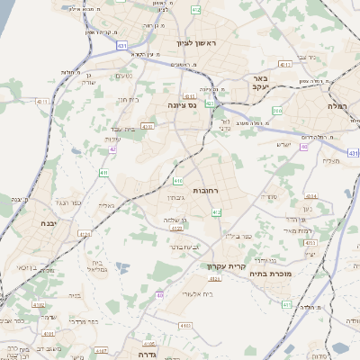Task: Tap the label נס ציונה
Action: pyautogui.click(x=182, y=104)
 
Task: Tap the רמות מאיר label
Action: pyautogui.click(x=320, y=232)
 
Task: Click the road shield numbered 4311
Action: pyautogui.click(x=284, y=65)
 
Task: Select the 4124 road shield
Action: pyautogui.click(x=86, y=235)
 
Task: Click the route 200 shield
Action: pyautogui.click(x=276, y=111)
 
